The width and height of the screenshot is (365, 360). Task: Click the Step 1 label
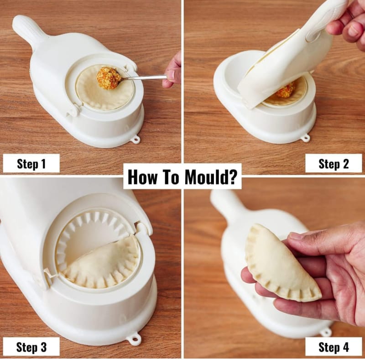(x=31, y=164)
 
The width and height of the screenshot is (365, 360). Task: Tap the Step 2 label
(x=334, y=164)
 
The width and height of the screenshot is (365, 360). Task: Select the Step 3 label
(x=31, y=347)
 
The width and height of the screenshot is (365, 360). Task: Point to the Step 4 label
(x=334, y=347)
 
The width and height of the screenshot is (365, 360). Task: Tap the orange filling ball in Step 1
(x=108, y=78)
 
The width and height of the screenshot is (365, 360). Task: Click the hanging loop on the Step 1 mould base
(x=136, y=140)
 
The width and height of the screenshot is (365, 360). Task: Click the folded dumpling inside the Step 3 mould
(x=102, y=264)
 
